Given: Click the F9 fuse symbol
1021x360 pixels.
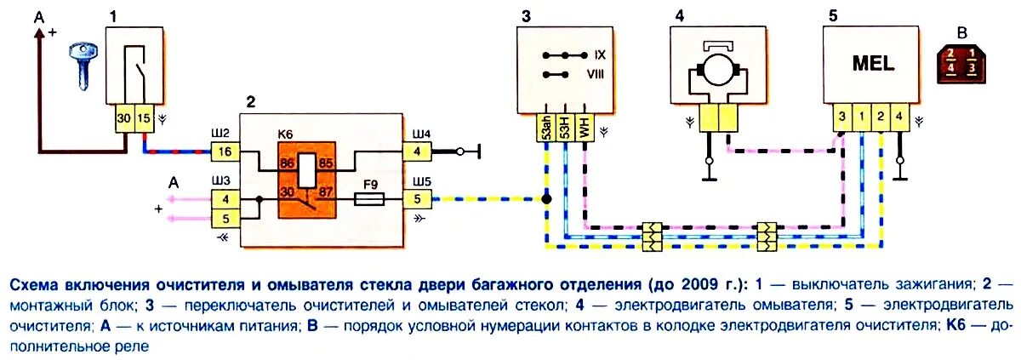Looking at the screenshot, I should point(370,200).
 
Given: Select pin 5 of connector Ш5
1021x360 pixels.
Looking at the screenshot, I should point(418,200).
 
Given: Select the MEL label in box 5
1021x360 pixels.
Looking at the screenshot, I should point(870,65).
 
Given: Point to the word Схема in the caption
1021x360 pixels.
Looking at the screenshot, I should point(37,283).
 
